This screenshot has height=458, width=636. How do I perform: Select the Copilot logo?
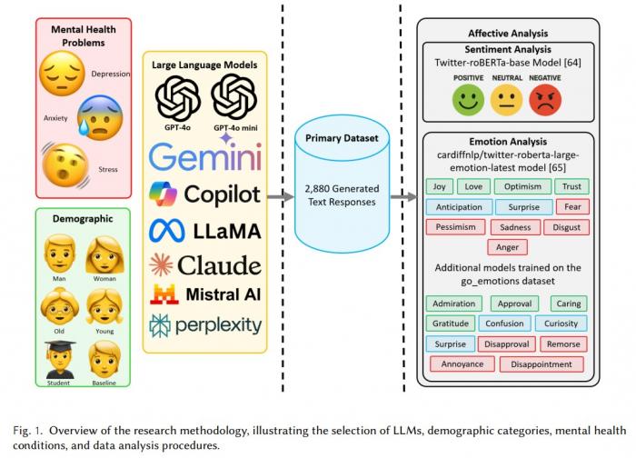click(205, 194)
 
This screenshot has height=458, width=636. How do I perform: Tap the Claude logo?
click(205, 264)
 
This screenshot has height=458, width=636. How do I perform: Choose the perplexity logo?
click(205, 324)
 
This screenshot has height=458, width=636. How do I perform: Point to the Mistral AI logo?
click(205, 294)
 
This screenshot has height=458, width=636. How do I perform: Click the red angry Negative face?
click(546, 98)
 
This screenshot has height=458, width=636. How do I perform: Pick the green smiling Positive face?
click(469, 98)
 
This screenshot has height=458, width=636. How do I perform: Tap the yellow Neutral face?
click(507, 98)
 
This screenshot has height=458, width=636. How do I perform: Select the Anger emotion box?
click(508, 246)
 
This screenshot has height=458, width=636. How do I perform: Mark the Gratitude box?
click(452, 324)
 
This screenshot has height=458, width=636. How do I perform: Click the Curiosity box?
click(562, 324)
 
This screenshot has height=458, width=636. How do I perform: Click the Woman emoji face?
click(104, 254)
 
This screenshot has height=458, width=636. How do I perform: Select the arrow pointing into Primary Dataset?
click(280, 194)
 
